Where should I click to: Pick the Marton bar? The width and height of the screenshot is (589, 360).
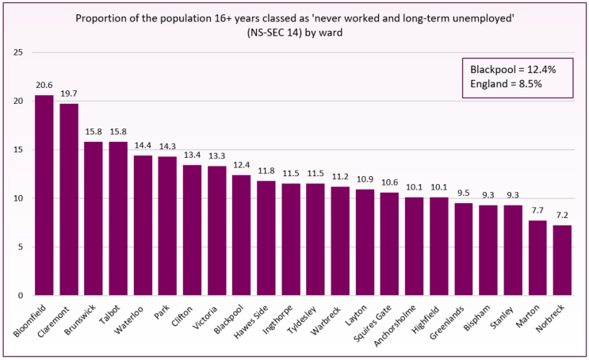(x=537, y=258)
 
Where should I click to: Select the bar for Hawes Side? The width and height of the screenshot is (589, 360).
(x=266, y=238)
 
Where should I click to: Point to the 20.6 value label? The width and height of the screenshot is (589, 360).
(x=44, y=84)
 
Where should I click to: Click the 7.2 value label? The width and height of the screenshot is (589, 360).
(x=561, y=215)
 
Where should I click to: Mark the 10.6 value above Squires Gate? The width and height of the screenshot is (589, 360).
(x=389, y=182)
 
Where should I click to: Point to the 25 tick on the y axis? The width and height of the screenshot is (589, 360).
(x=17, y=52)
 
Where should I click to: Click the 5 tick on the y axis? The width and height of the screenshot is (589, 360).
(x=19, y=247)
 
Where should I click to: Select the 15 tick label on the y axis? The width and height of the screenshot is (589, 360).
(x=17, y=150)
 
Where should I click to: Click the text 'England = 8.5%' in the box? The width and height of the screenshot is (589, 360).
(x=505, y=83)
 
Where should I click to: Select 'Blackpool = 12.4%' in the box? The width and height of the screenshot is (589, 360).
(x=514, y=69)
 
